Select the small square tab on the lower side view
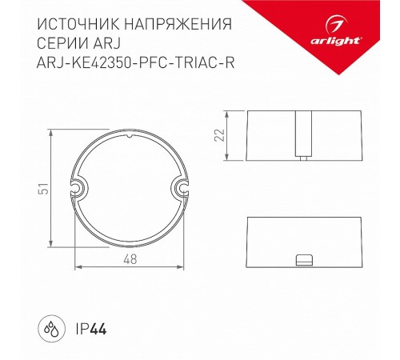(303, 260)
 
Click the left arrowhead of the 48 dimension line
(77, 266)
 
